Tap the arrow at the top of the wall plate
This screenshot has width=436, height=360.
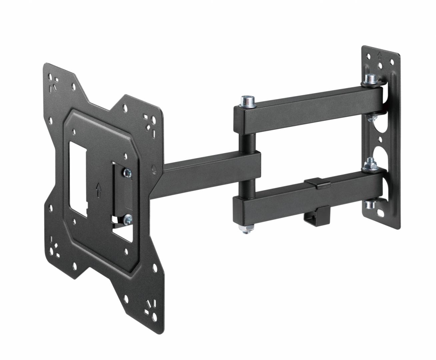(x=378, y=54)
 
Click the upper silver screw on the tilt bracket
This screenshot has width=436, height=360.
(x=127, y=172)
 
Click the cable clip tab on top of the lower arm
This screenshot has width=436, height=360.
(x=317, y=181)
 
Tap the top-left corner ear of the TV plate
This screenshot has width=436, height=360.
(x=55, y=75)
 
